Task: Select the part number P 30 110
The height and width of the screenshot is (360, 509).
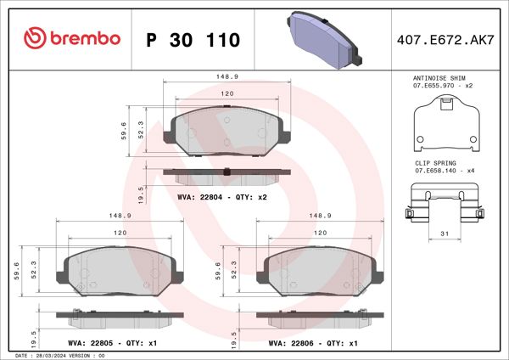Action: [193, 39]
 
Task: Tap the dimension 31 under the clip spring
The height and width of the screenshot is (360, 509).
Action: [444, 234]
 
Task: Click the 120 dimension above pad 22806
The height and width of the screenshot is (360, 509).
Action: [321, 232]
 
